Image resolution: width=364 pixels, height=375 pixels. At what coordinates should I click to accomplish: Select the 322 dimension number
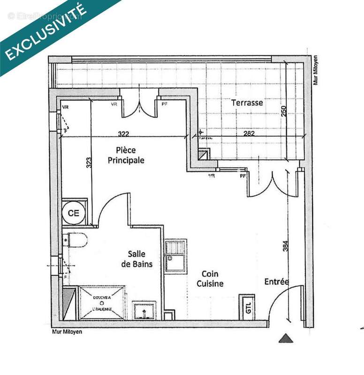pyautogui.click(x=123, y=134)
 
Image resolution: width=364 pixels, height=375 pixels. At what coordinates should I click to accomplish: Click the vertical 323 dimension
pyautogui.click(x=89, y=162)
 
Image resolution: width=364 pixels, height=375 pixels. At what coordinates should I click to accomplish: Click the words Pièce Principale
pyautogui.click(x=126, y=155)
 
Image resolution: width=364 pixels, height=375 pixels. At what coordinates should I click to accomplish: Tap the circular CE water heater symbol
pyautogui.click(x=74, y=213)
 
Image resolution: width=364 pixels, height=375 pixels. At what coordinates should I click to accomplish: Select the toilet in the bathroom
pyautogui.click(x=76, y=240)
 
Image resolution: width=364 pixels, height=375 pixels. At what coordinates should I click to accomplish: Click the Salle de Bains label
pyautogui.click(x=140, y=259)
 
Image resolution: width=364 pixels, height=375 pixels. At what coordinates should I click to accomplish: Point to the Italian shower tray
pyautogui.click(x=101, y=302)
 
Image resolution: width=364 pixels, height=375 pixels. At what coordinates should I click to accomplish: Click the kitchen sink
pyautogui.click(x=175, y=256)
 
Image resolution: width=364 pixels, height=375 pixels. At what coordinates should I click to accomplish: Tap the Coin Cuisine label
pyautogui.click(x=210, y=278)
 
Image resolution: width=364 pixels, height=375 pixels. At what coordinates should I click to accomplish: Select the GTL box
pyautogui.click(x=248, y=307)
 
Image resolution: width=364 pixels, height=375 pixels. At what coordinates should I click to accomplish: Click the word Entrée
pyautogui.click(x=276, y=282)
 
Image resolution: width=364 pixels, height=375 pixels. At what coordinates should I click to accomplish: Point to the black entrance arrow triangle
pyautogui.click(x=286, y=338)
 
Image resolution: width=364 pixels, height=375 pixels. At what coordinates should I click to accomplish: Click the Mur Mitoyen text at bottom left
pyautogui.click(x=65, y=333)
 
